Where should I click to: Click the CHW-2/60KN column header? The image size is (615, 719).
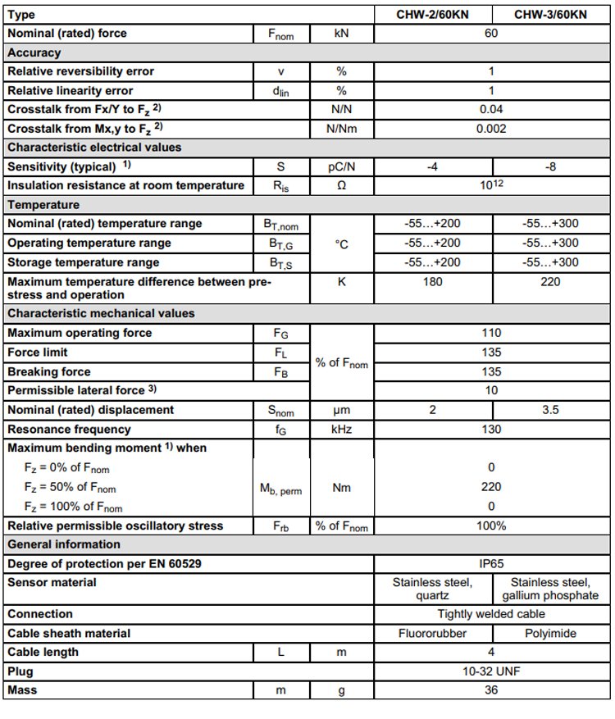coord(432,15)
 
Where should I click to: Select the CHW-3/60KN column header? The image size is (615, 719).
coord(550,15)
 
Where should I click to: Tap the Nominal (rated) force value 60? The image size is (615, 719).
coord(491,34)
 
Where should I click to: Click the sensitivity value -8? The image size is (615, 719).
coord(550,166)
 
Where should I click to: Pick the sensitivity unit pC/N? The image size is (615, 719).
coord(341,166)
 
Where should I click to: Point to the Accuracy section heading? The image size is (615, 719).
coord(34,52)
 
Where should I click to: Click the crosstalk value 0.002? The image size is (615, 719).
coord(491,128)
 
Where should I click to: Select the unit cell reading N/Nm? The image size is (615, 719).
coord(341,128)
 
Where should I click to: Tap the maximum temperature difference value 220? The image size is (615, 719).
coord(550,282)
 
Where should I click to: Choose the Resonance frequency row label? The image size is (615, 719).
coord(69,429)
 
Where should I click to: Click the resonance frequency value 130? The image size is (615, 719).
coord(491,429)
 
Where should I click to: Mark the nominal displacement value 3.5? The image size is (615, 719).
coord(550,409)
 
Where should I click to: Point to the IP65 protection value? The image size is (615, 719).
coord(491,563)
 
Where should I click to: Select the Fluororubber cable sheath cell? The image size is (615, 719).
coord(432,633)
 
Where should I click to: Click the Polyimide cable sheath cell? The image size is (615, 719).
coord(550,633)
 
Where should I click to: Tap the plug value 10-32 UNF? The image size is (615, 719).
coord(491,671)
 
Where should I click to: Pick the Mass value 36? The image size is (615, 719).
coord(491,690)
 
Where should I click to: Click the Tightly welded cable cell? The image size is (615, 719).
coord(491,613)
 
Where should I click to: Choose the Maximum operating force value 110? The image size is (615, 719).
coord(491,333)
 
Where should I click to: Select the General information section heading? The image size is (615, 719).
coord(64,544)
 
